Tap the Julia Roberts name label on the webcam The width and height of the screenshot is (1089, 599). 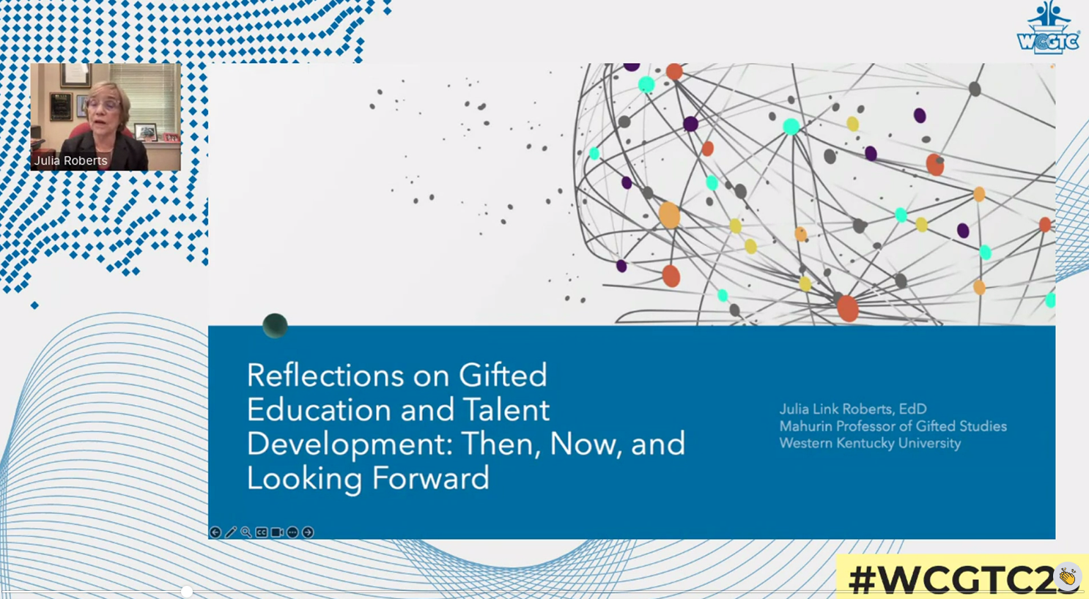[x=70, y=161]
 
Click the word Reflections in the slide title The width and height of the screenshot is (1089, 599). [x=325, y=376]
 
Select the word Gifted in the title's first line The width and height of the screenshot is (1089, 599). [x=503, y=376]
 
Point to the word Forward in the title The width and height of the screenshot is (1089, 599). [x=431, y=478]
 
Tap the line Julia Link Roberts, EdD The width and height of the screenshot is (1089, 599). [x=853, y=409]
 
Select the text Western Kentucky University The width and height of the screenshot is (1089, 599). [x=870, y=444]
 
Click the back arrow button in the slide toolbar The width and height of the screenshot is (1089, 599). [x=215, y=532]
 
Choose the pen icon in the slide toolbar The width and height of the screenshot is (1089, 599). [x=231, y=532]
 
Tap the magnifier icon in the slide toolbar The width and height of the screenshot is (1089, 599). [x=246, y=532]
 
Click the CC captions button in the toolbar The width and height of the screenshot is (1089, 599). [x=262, y=532]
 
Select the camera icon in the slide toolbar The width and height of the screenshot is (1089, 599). [x=277, y=532]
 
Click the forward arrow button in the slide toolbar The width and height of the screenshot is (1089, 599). [x=308, y=532]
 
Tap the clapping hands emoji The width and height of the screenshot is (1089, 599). [x=1068, y=576]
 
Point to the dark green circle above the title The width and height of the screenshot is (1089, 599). [x=275, y=325]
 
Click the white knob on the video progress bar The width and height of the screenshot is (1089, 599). [x=187, y=592]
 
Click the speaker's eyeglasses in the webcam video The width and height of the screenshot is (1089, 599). [x=104, y=105]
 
